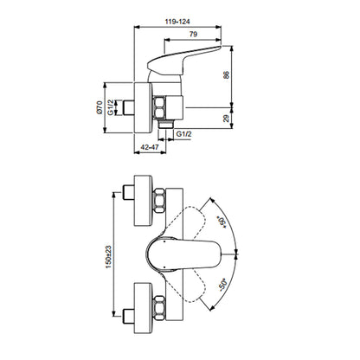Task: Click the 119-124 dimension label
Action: click(177, 22)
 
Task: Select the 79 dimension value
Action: click(193, 34)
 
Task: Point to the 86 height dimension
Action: click(227, 74)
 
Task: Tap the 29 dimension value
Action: click(227, 118)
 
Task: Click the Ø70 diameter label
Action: click(99, 108)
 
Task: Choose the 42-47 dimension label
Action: click(150, 147)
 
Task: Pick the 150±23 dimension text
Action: click(108, 257)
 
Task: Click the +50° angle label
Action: click(222, 222)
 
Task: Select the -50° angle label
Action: click(222, 285)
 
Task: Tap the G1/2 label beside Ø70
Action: click(111, 107)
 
